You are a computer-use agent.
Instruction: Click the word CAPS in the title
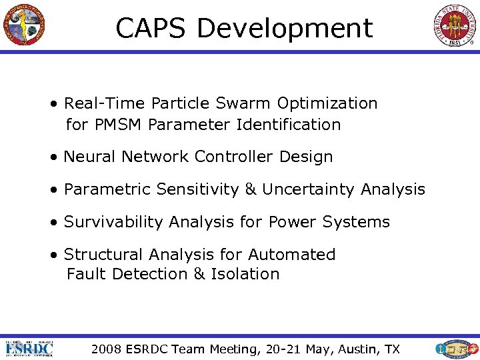[x=151, y=29]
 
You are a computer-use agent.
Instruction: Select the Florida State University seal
[x=456, y=25]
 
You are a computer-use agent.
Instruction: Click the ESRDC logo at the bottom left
[x=29, y=348]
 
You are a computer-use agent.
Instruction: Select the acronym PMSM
[x=119, y=125]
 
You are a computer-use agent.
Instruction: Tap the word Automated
[x=291, y=255]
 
